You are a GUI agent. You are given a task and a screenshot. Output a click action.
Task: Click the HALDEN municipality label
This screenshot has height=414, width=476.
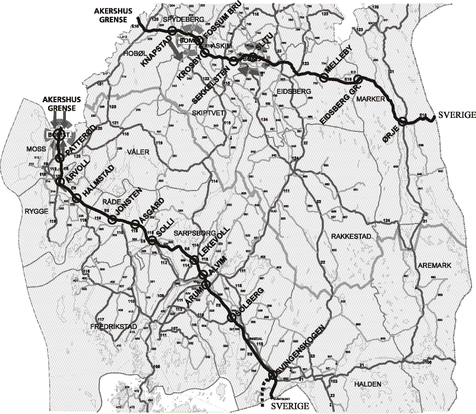[x=367, y=384]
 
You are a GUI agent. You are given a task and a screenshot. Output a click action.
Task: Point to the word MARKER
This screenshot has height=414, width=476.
[x=368, y=98]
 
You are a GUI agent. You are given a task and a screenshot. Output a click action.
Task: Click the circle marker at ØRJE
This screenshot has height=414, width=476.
[x=402, y=120]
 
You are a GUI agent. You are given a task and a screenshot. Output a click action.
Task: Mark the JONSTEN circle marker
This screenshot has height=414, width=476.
[x=111, y=220]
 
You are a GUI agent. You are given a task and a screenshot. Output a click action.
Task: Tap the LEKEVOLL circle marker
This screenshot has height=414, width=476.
[x=194, y=260]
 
